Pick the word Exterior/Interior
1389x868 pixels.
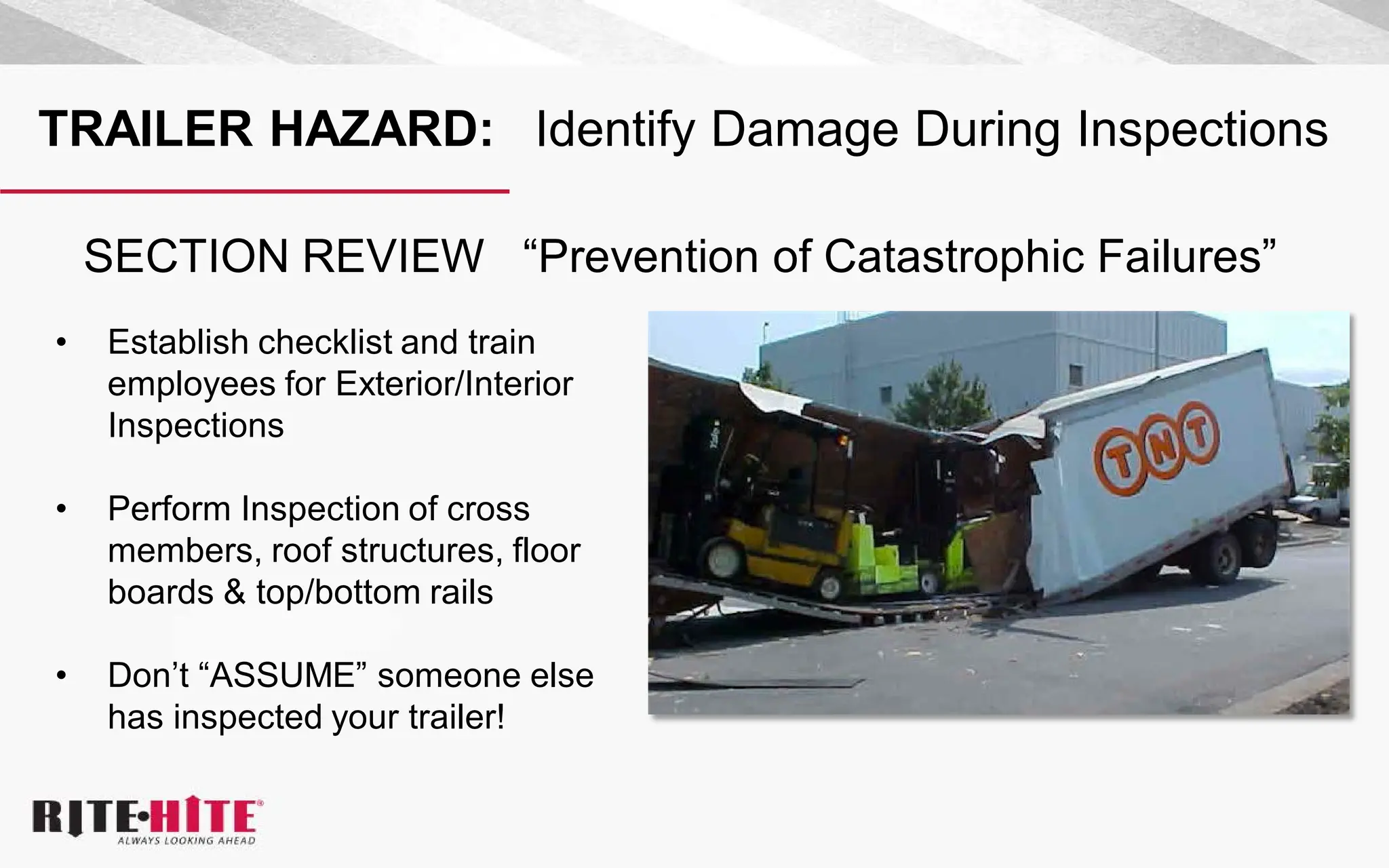454,384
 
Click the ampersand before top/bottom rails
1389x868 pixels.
235,592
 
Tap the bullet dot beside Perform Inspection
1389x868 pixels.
62,509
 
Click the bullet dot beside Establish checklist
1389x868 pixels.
62,342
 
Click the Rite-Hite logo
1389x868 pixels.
146,816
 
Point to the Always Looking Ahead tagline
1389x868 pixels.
187,841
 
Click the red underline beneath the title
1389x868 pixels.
254,192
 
